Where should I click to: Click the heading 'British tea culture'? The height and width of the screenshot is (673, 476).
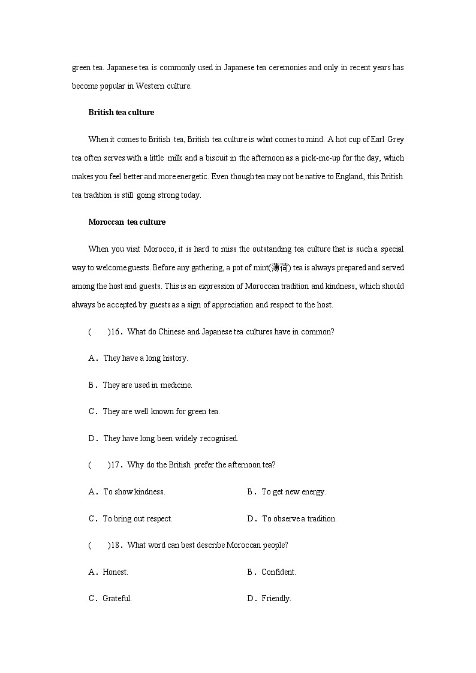point(121,112)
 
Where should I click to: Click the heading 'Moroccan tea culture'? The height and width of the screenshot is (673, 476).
point(126,222)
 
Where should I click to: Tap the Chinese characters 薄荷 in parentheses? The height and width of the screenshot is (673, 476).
point(279,267)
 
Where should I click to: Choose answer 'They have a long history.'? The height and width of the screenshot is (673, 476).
point(145,358)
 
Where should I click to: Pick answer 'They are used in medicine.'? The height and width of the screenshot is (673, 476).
point(147,385)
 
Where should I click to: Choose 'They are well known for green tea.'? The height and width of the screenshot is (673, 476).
point(161,411)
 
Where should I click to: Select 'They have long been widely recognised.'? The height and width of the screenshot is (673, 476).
point(170,438)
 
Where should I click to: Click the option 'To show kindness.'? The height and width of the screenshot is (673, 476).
point(134,491)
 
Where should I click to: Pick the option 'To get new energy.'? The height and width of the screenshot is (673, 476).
point(293,491)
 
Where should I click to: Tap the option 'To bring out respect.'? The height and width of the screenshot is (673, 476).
point(137,518)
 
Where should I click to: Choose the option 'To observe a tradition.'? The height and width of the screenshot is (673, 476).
point(299,518)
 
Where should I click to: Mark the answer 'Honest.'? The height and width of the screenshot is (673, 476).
point(115,572)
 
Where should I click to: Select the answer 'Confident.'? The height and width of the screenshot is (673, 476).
point(278,572)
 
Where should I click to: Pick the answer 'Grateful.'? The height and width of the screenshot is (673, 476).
point(117,598)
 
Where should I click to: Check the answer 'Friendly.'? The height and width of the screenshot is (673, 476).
point(276,598)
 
